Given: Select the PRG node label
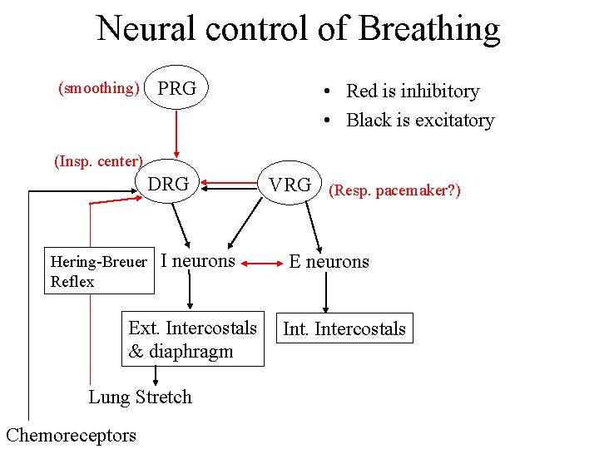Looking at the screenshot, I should [177, 88].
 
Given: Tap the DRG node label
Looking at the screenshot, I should [168, 185].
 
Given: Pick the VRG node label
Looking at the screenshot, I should [290, 185].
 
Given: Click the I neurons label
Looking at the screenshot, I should [198, 261].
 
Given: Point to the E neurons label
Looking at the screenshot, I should [329, 262].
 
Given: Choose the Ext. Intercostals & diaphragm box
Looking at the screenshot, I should [193, 339].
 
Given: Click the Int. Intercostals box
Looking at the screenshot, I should [344, 328].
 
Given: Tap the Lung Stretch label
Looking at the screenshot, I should [140, 397].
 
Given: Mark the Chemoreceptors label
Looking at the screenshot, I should [71, 435].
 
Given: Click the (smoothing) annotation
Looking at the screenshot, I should [97, 88].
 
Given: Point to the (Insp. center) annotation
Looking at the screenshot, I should [98, 161].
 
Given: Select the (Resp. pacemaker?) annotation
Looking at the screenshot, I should [394, 190].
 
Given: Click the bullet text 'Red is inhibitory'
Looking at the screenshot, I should [412, 91].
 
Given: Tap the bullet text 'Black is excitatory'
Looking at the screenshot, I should [419, 121].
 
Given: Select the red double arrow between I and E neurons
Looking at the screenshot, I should [263, 264].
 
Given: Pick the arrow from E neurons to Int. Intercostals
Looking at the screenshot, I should [325, 293].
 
